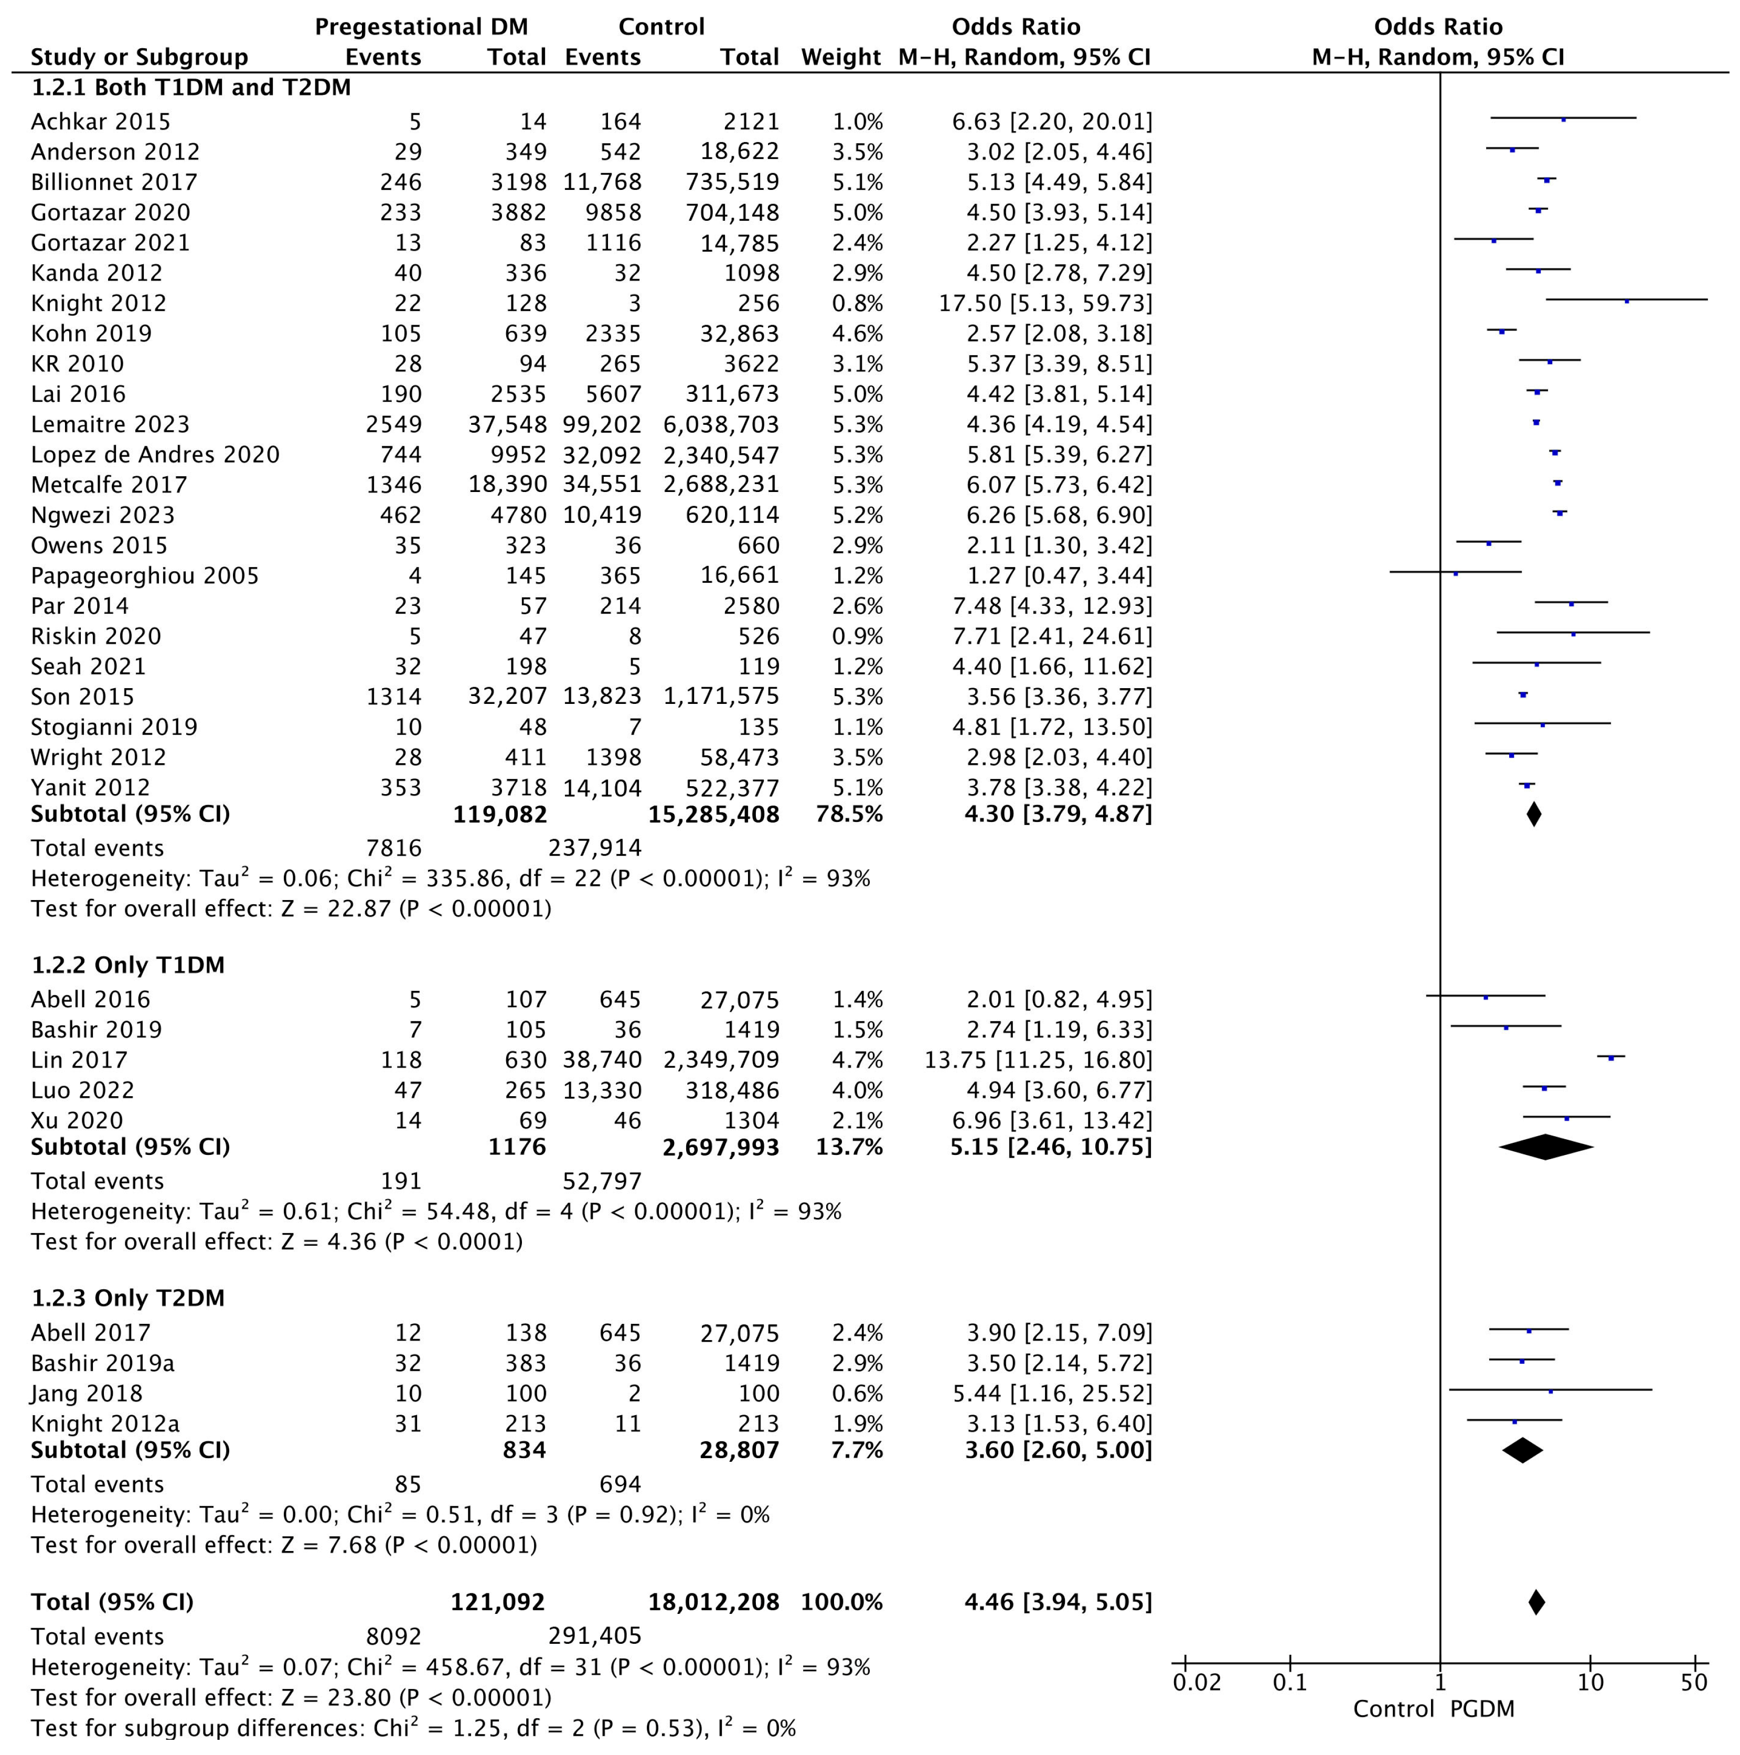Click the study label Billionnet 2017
114,183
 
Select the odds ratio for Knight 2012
1045,303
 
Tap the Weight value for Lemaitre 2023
857,424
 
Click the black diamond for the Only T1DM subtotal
1545,1147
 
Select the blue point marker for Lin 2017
1611,1057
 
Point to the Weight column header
840,57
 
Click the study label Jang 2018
87,1394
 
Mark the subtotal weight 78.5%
849,814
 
